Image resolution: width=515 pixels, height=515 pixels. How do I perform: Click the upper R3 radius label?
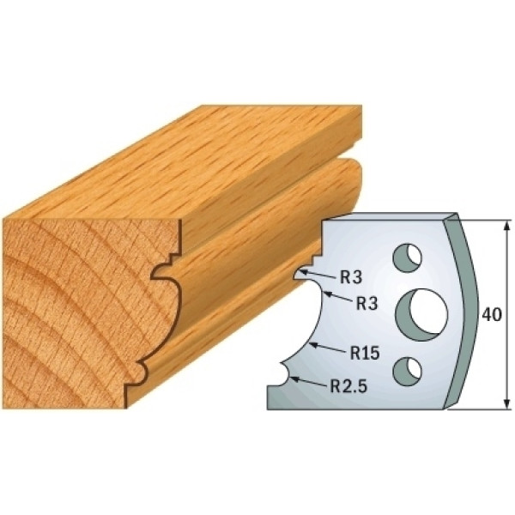(351, 278)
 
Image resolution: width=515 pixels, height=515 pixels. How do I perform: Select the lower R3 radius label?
(367, 304)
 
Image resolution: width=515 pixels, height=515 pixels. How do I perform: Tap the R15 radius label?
(364, 354)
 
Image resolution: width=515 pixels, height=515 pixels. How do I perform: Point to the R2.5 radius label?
(348, 386)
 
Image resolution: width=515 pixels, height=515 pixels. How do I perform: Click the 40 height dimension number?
(492, 315)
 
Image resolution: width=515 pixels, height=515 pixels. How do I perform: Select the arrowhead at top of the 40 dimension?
(507, 225)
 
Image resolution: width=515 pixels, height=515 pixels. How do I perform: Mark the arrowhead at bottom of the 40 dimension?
(507, 404)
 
